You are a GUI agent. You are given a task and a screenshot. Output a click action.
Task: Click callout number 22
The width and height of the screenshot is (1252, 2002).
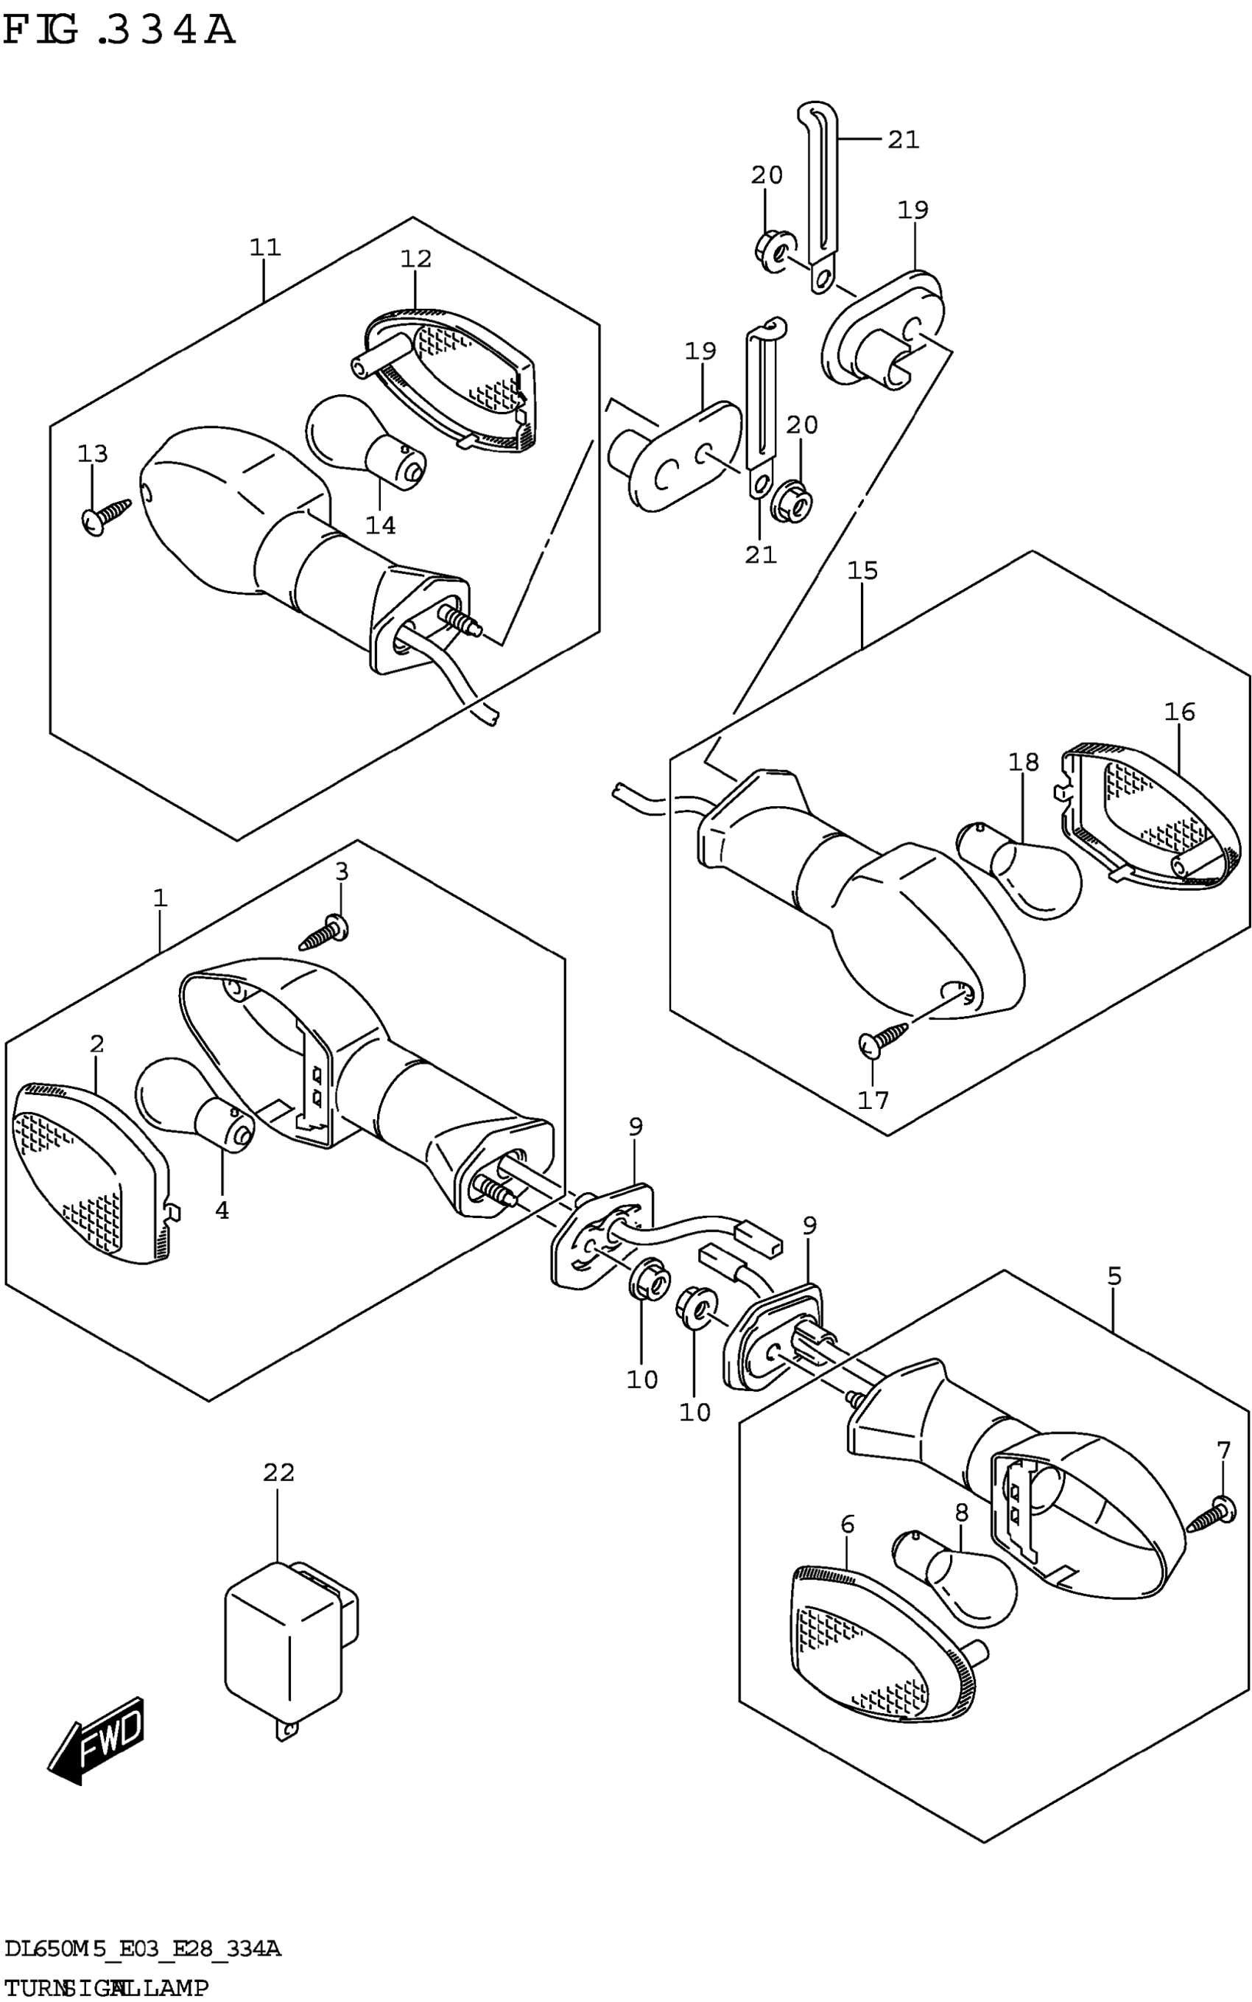click(279, 1472)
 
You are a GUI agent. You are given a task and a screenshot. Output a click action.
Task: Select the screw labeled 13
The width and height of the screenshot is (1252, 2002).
click(107, 516)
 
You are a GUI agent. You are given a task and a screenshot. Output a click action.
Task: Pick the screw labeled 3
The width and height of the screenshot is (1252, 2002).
click(325, 934)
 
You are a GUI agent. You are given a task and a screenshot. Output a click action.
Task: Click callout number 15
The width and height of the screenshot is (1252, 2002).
click(862, 571)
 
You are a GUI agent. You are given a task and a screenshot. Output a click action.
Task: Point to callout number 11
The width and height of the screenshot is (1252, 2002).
click(266, 247)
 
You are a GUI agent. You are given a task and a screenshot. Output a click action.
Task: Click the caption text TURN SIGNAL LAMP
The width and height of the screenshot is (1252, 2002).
click(106, 1987)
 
